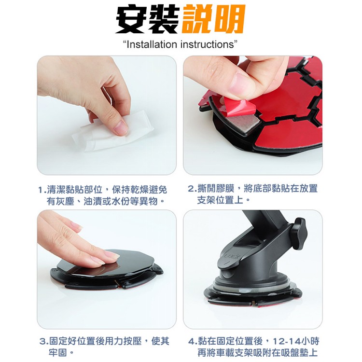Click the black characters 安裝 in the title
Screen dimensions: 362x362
coord(147,20)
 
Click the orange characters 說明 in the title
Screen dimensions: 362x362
coord(213,20)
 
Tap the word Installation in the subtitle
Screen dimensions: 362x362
coord(152,45)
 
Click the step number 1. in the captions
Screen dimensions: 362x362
coord(42,189)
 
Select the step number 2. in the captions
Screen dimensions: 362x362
coord(192,189)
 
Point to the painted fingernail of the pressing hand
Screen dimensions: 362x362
coord(111,254)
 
